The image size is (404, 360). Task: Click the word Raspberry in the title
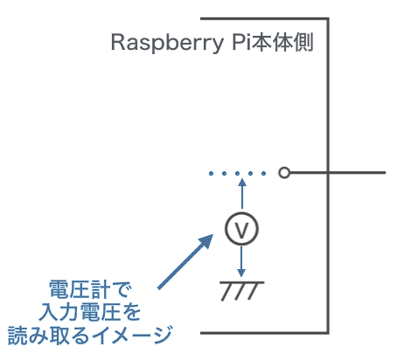[x=167, y=43]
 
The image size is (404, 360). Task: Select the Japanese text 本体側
[x=282, y=42]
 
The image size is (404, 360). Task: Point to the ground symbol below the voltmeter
[x=242, y=291]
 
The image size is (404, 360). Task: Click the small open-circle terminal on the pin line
[x=284, y=173]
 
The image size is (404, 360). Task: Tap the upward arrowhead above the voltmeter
[x=242, y=183]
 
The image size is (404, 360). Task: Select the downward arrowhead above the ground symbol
[x=241, y=273]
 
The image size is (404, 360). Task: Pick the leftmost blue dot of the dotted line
[x=211, y=174]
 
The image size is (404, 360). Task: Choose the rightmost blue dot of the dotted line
[x=263, y=174]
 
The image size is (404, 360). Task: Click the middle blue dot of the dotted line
[x=237, y=174]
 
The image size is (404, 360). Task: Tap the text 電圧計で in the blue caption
[x=90, y=289]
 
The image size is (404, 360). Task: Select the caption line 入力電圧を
[x=90, y=312]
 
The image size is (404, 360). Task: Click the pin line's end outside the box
[x=386, y=173]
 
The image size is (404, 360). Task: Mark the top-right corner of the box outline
[x=328, y=19]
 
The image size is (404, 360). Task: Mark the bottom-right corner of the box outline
[x=328, y=333]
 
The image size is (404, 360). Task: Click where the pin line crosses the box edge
[x=328, y=173]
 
